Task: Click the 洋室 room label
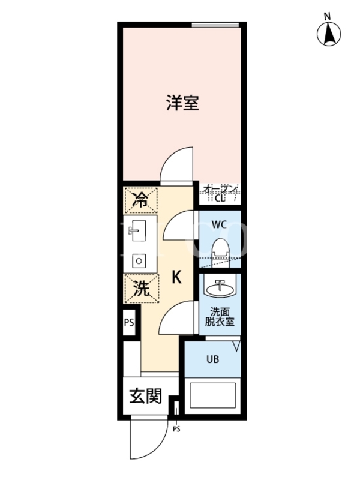point(183,103)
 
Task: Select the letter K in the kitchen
point(176,277)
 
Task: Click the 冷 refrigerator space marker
point(140,200)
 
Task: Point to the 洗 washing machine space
point(141,289)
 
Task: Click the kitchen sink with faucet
point(137,230)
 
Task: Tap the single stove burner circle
point(139,261)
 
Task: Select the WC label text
point(219,224)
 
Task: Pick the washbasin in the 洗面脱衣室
point(220,288)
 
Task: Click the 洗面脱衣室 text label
point(220,317)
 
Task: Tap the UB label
point(213,359)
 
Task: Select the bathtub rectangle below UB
point(213,395)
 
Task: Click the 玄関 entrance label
point(145,396)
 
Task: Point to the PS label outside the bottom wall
point(176,430)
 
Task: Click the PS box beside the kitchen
point(129,323)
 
